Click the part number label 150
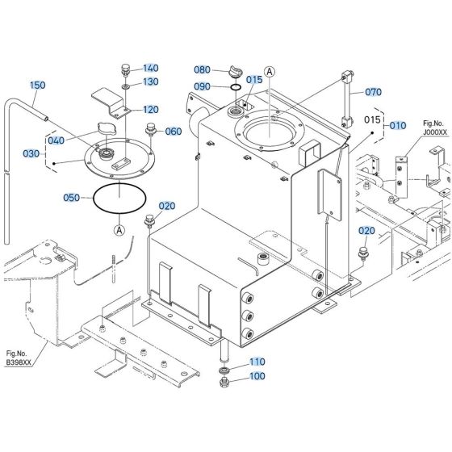[x=38, y=85]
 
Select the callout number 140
[x=152, y=69]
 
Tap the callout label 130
[x=152, y=82]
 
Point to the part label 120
[x=152, y=110]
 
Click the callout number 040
[x=56, y=140]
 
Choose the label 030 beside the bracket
[x=31, y=153]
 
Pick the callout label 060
[x=174, y=132]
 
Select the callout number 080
[x=202, y=70]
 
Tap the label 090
[x=202, y=86]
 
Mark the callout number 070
[x=373, y=92]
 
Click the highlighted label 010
[x=398, y=126]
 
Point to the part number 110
[x=256, y=362]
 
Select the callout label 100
[x=256, y=376]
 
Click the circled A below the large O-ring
[x=119, y=230]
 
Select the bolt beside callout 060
[x=149, y=129]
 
